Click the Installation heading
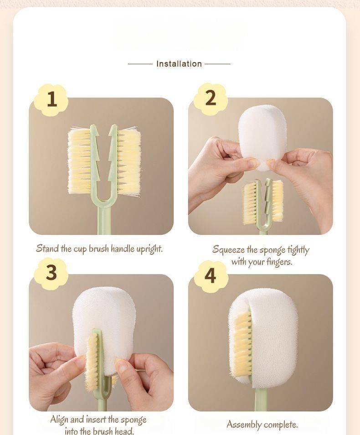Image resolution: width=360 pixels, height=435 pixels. click(x=179, y=64)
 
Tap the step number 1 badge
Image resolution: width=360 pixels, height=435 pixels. click(x=51, y=99)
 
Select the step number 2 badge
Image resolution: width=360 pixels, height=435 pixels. click(x=211, y=98)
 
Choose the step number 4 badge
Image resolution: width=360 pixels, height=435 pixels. click(x=211, y=276)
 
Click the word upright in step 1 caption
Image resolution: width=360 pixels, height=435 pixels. click(x=149, y=249)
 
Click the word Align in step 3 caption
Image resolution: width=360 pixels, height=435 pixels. click(x=59, y=419)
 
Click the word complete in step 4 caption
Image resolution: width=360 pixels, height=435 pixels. click(x=281, y=425)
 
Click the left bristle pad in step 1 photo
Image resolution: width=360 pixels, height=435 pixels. click(x=80, y=160)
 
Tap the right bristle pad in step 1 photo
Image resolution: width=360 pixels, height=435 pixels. click(x=128, y=161)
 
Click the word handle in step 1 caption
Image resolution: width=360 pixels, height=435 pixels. click(x=123, y=249)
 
